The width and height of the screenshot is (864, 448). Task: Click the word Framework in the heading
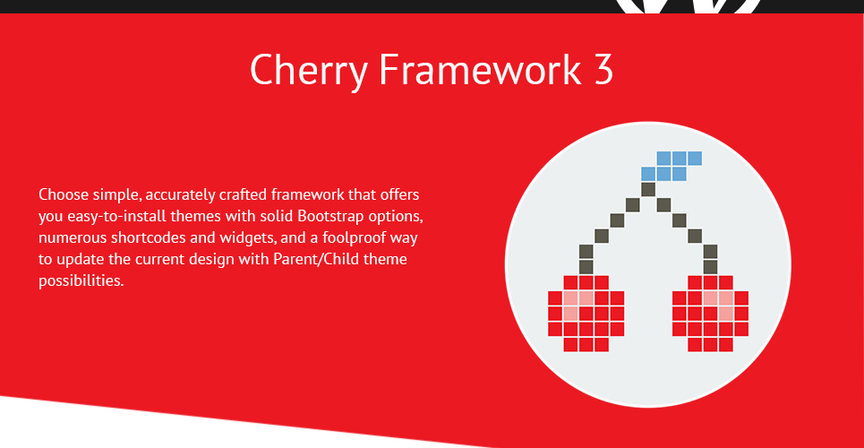[479, 69]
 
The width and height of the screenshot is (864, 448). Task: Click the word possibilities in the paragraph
[81, 280]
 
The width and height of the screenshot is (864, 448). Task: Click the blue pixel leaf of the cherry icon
[672, 166]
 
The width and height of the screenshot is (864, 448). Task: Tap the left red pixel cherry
[586, 314]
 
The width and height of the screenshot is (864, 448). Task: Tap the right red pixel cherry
[710, 314]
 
